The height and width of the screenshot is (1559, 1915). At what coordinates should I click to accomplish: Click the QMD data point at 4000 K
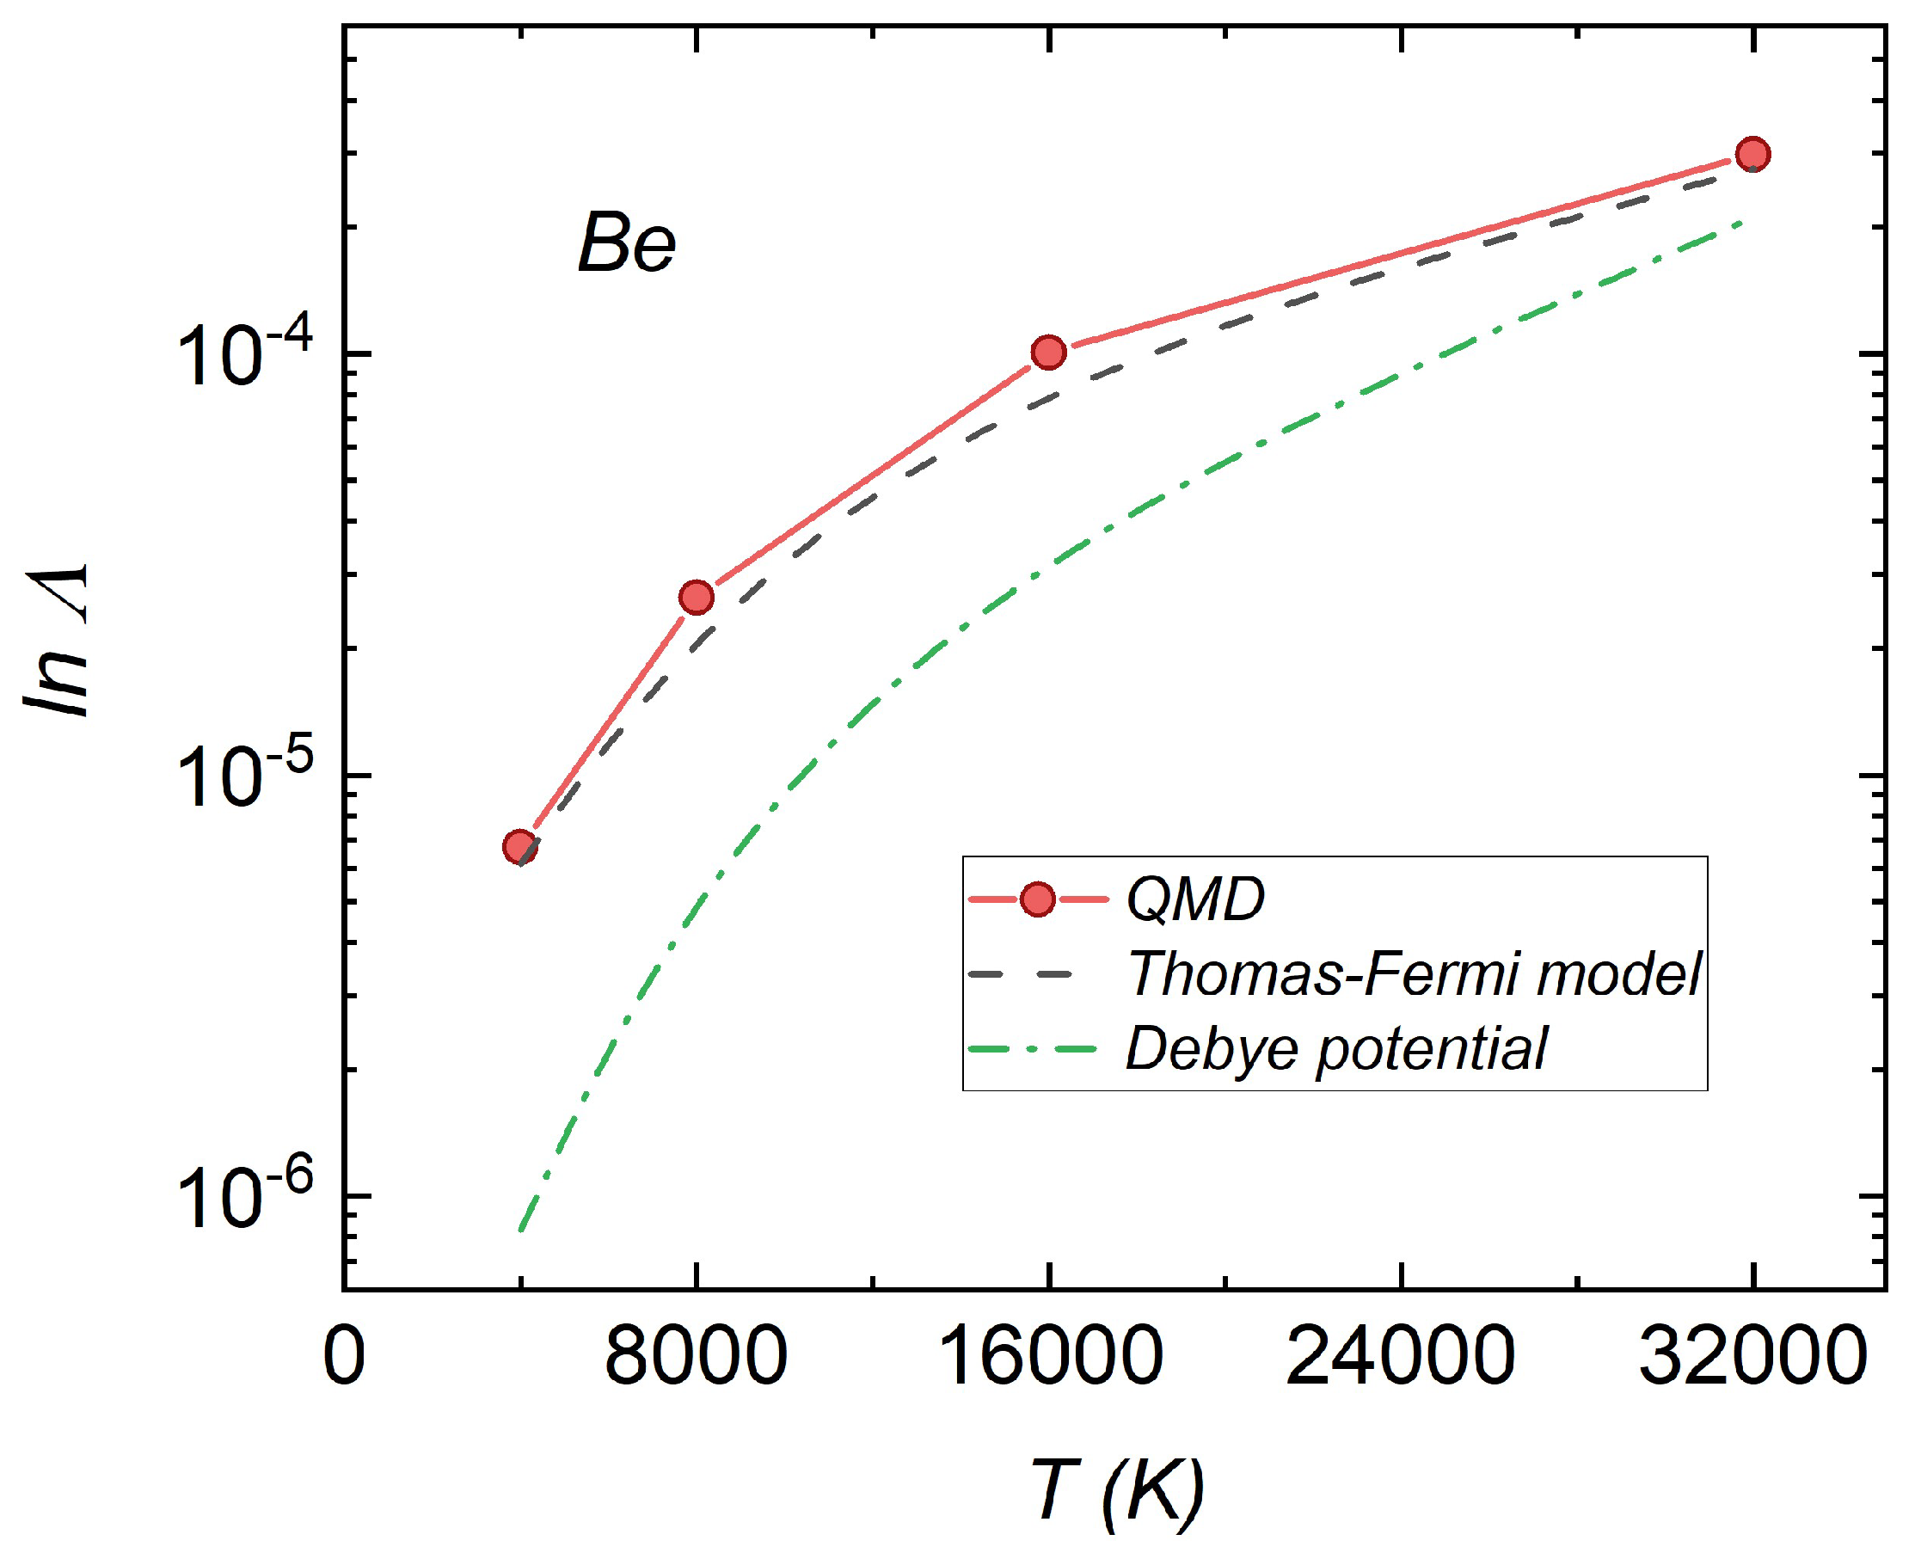point(520,846)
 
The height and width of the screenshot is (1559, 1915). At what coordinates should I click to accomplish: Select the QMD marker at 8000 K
point(697,597)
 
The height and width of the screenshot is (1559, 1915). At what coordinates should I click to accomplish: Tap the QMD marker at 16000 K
point(1048,352)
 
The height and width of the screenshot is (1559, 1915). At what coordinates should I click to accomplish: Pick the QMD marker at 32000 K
point(1752,154)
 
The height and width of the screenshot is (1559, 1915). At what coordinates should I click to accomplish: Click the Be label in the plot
point(626,243)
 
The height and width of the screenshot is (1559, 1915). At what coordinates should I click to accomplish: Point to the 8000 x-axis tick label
point(696,1355)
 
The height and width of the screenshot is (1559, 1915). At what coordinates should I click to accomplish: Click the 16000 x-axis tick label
point(1048,1355)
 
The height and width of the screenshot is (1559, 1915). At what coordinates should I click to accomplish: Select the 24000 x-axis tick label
point(1401,1355)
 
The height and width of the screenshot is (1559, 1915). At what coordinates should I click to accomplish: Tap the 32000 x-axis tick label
point(1752,1355)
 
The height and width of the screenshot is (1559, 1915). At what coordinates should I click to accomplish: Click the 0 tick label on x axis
point(344,1355)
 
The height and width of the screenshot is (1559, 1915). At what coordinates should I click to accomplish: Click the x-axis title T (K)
point(1116,1492)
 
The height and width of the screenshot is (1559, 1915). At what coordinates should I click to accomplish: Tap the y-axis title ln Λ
point(58,641)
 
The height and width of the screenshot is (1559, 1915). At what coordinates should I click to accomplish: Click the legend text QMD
point(1195,899)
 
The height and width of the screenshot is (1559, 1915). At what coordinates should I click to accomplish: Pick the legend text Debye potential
point(1336,1048)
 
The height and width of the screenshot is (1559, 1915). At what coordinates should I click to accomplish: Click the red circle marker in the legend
point(1038,899)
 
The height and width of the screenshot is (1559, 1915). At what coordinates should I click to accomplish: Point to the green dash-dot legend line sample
point(1033,1048)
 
